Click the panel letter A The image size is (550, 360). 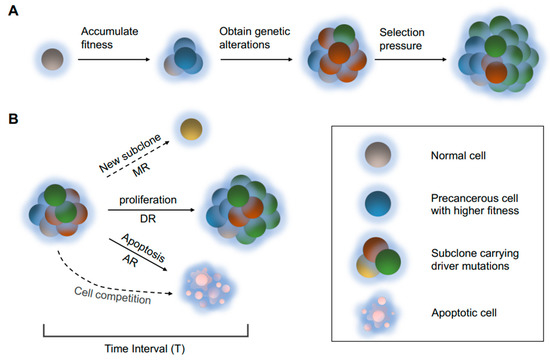[x=13, y=11]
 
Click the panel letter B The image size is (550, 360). [x=13, y=119]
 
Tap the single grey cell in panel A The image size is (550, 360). [x=52, y=59]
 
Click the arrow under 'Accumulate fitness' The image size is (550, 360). [x=114, y=60]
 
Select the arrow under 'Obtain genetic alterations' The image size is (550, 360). [x=256, y=60]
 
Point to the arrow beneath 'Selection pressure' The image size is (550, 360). [x=410, y=60]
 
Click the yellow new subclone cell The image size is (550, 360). [x=191, y=129]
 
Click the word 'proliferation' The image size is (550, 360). [x=148, y=200]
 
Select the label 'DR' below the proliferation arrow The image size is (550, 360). [x=148, y=219]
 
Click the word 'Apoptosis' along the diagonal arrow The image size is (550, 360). [x=143, y=248]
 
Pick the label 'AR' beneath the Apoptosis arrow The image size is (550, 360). [x=130, y=261]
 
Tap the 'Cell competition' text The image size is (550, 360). [x=113, y=295]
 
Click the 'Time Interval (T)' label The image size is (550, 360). [x=145, y=349]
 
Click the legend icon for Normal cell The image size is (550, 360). [x=378, y=155]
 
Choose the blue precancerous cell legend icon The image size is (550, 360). [x=378, y=204]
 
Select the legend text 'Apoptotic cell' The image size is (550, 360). [x=464, y=313]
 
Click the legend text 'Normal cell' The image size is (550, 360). [x=458, y=155]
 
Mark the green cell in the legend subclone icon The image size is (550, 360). [x=388, y=262]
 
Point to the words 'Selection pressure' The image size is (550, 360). [x=402, y=39]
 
